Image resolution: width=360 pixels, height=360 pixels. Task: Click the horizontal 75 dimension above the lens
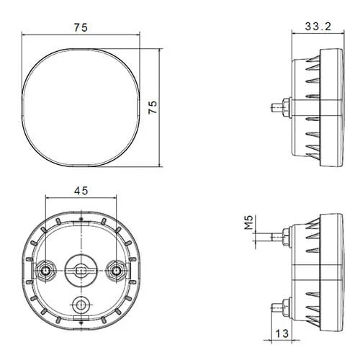pos(81,27)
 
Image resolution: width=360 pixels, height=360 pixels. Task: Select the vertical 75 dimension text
pos(153,107)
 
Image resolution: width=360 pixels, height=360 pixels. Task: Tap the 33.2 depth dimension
pos(318,26)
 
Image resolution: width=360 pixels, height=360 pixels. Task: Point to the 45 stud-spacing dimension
pos(81,191)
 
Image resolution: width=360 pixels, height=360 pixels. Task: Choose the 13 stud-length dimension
pos(282,333)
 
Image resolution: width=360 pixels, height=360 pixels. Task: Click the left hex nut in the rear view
pos(45,271)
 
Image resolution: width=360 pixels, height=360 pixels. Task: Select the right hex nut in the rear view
pos(116,271)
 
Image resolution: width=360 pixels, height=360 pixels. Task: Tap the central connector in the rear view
pos(81,271)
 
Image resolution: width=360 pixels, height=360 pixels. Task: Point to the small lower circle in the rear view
pos(81,305)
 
